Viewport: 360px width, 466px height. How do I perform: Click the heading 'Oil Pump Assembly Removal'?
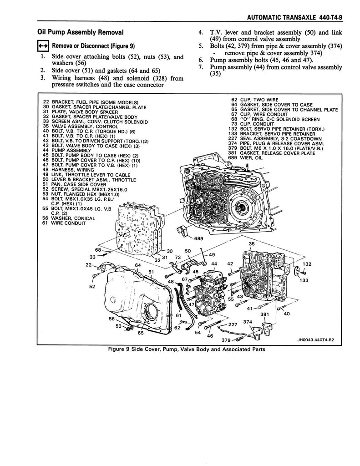[80, 32]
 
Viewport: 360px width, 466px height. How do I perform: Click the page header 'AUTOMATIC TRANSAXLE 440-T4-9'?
[294, 18]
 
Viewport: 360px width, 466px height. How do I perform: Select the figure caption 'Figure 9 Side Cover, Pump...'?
[187, 349]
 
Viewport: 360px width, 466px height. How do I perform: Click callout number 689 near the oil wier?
[198, 238]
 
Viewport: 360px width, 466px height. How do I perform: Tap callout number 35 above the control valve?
[252, 244]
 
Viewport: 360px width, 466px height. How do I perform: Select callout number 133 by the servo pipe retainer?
[304, 280]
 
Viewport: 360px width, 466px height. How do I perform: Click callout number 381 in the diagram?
[264, 314]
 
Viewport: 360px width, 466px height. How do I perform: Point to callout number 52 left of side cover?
[92, 287]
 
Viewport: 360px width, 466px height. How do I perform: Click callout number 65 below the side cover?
[141, 333]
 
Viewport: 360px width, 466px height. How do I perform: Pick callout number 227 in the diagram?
[233, 324]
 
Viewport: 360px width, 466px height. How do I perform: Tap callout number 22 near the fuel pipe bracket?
[89, 264]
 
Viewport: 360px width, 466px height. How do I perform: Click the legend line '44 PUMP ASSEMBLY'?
[67, 151]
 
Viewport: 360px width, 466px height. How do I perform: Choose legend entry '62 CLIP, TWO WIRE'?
[255, 100]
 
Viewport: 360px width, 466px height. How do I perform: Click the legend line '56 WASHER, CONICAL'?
[69, 218]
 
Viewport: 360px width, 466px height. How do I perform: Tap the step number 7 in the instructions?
[200, 67]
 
